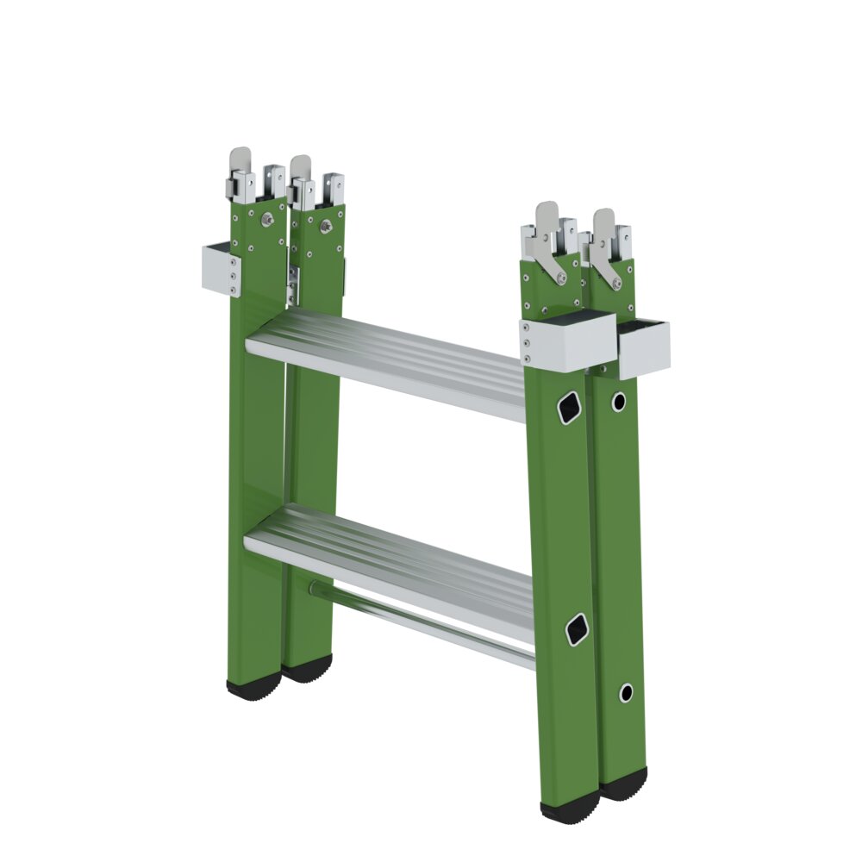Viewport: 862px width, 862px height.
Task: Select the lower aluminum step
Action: point(388,560)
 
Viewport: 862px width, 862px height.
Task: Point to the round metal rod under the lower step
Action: point(422,625)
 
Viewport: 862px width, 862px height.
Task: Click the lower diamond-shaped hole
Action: point(577,629)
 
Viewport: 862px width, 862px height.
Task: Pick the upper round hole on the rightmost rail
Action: point(618,401)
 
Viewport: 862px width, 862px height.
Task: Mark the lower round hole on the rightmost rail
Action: point(627,692)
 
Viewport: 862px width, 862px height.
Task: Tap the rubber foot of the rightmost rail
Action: point(624,784)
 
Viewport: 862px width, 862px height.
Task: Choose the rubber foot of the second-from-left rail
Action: point(309,668)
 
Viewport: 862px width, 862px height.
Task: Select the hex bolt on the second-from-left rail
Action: point(325,225)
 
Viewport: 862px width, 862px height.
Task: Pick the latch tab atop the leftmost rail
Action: point(240,164)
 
